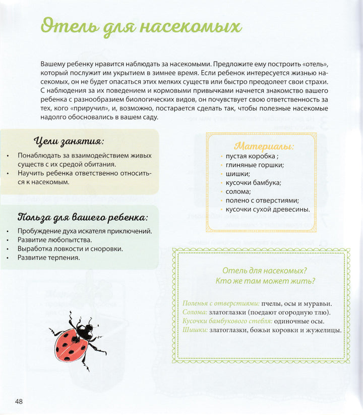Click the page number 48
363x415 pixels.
[x=19, y=401]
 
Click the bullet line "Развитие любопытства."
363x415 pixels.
[x=54, y=240]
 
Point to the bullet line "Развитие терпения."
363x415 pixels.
[x=48, y=257]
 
